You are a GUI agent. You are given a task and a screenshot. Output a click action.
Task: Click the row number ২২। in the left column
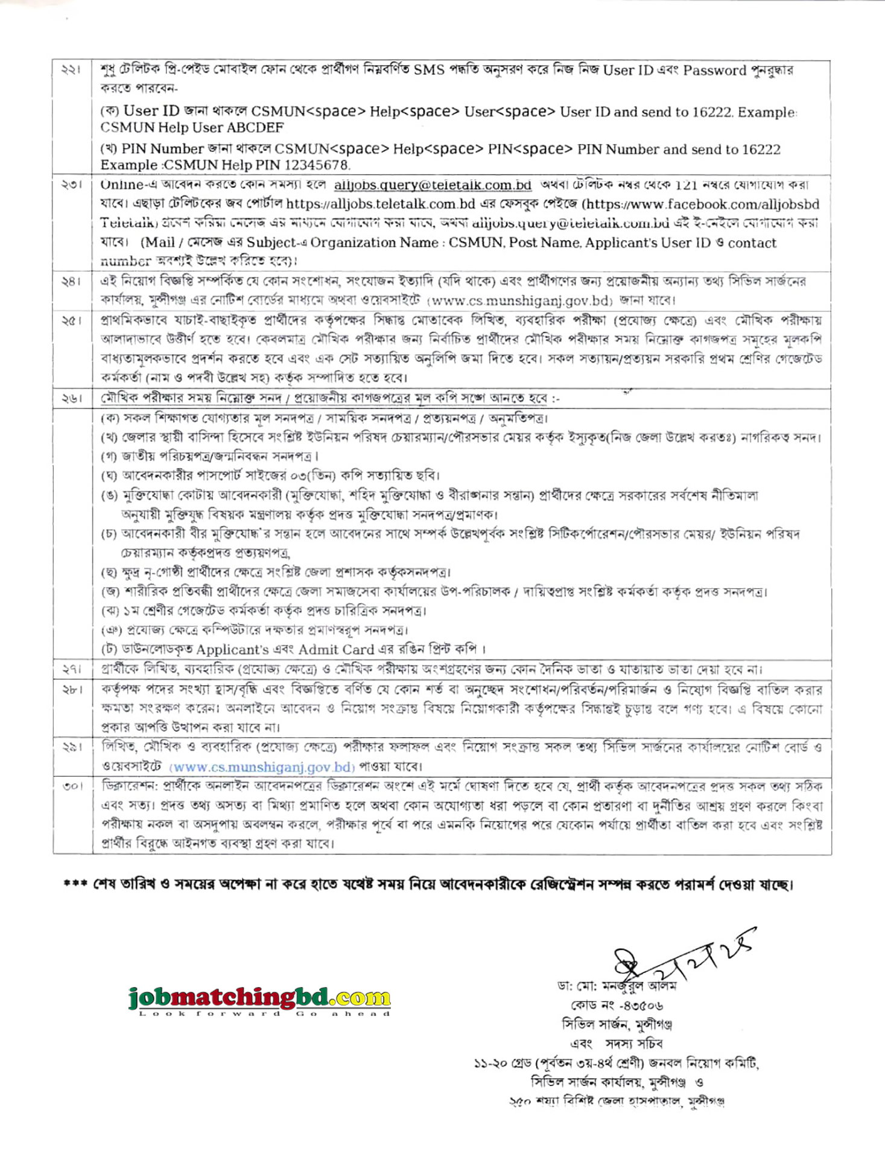point(71,71)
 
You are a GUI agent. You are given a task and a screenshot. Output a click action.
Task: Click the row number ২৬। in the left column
point(71,399)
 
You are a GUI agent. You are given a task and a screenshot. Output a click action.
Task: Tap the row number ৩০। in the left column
point(72,787)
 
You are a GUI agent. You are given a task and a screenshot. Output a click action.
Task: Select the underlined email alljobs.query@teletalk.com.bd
point(433,185)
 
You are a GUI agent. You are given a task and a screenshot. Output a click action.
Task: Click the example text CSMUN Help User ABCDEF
point(192,128)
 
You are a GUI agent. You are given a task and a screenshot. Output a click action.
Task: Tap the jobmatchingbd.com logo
point(259,997)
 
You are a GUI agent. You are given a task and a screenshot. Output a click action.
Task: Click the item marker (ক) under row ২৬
point(109,418)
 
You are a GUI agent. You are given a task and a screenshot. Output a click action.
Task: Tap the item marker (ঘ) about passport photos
point(109,476)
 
